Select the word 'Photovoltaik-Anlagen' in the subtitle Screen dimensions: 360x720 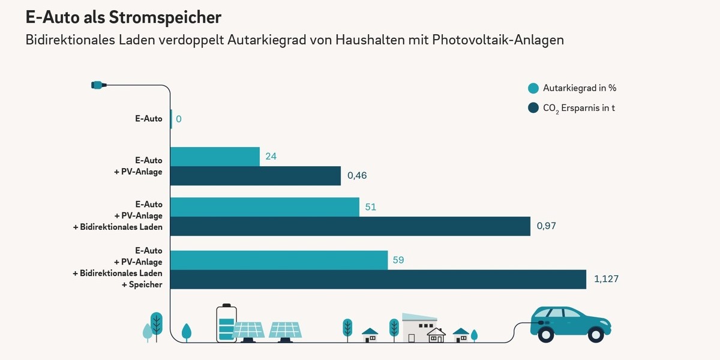click(x=498, y=40)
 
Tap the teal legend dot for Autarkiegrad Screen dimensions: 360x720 click(x=533, y=88)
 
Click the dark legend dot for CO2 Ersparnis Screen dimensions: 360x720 click(x=533, y=108)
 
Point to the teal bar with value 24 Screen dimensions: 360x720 click(x=215, y=157)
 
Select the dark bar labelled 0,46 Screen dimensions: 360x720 click(x=256, y=176)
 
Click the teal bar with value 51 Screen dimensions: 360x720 click(x=265, y=207)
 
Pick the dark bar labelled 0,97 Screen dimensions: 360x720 click(x=350, y=226)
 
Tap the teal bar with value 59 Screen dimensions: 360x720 click(x=279, y=260)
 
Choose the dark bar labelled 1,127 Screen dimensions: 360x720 click(x=378, y=280)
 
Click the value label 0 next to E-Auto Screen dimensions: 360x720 click(x=179, y=119)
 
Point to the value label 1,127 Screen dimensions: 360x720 click(x=606, y=279)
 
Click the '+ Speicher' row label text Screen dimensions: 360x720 click(x=142, y=284)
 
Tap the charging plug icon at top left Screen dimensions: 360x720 click(x=98, y=85)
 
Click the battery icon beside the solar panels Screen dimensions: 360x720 click(x=226, y=324)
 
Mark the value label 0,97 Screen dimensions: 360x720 click(x=547, y=226)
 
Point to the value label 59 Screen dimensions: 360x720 click(x=399, y=260)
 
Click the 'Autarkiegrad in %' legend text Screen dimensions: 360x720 click(x=580, y=88)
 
